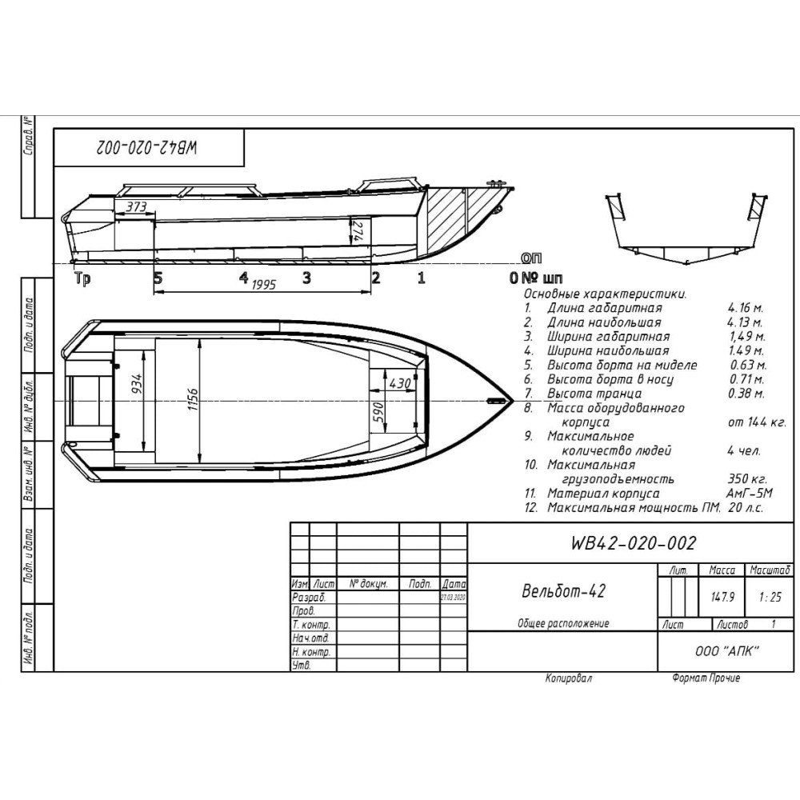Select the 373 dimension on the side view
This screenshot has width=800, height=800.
pyautogui.click(x=138, y=206)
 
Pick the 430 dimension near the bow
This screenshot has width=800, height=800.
pyautogui.click(x=398, y=383)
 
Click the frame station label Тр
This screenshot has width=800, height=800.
pyautogui.click(x=81, y=278)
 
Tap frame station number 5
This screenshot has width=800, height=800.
pyautogui.click(x=158, y=278)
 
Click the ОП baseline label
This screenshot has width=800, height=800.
pyautogui.click(x=530, y=258)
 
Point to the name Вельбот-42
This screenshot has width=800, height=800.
pyautogui.click(x=562, y=591)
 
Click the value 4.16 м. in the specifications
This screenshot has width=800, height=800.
pyautogui.click(x=746, y=307)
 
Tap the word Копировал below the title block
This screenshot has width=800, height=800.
pyautogui.click(x=569, y=678)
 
